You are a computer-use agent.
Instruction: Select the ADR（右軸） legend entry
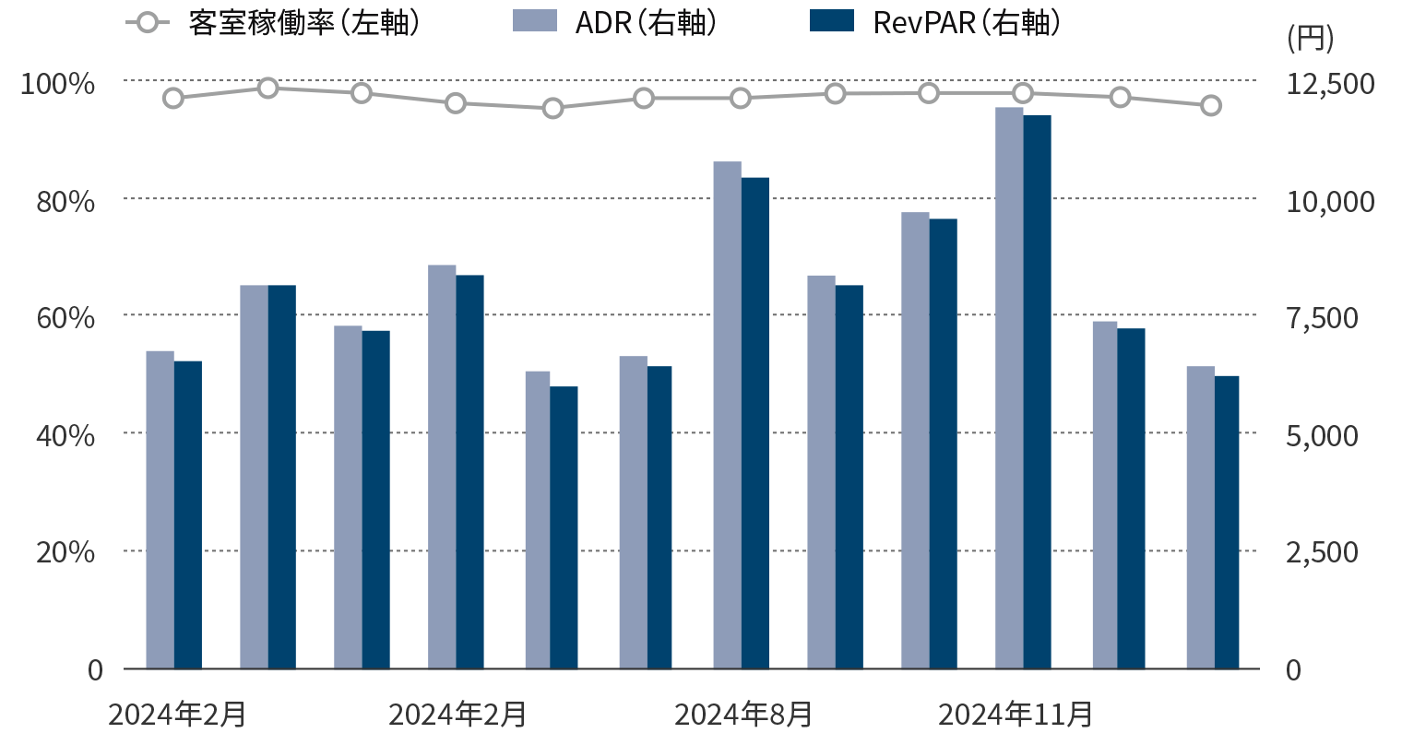click(614, 23)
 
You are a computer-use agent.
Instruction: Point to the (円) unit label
click(1309, 38)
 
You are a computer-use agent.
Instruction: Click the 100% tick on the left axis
click(58, 83)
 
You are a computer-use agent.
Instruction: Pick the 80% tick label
click(65, 200)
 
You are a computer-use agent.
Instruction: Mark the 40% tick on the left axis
click(65, 434)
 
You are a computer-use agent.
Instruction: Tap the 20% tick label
click(65, 551)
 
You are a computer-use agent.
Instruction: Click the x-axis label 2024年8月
click(743, 715)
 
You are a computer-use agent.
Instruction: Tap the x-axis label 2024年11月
click(1016, 715)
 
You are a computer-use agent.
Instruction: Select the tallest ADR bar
click(1009, 387)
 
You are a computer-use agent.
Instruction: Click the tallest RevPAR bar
click(1037, 392)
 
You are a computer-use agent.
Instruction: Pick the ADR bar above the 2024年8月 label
click(727, 415)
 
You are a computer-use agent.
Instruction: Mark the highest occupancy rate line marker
click(268, 88)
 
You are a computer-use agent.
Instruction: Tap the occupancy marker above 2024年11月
click(1023, 93)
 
